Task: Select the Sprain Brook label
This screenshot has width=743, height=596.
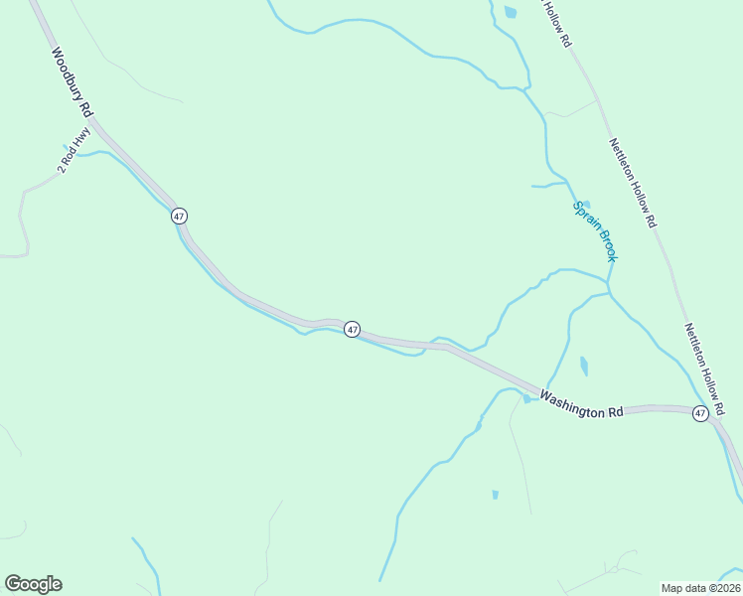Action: pos(595,231)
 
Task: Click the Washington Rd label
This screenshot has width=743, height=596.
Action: pos(581,404)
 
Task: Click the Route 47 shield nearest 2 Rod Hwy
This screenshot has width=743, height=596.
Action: pos(179,216)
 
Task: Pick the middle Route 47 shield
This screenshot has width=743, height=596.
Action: pos(352,329)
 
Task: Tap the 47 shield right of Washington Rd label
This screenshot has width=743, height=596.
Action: pos(700,413)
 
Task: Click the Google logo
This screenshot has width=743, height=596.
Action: pos(33,584)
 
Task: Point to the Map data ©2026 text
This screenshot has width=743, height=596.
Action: pos(700,588)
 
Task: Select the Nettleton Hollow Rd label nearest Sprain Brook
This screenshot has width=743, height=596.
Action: pos(633,183)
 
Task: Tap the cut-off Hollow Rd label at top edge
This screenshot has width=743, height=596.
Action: pos(557,24)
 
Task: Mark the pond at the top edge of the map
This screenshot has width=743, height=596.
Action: pos(511,12)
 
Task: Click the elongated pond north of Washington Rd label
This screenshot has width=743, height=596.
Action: pos(584,366)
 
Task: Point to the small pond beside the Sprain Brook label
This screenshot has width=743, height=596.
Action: pos(585,205)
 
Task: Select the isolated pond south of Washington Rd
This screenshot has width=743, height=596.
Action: pos(495,494)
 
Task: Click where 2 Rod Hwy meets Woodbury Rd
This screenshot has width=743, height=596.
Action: pos(92,126)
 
